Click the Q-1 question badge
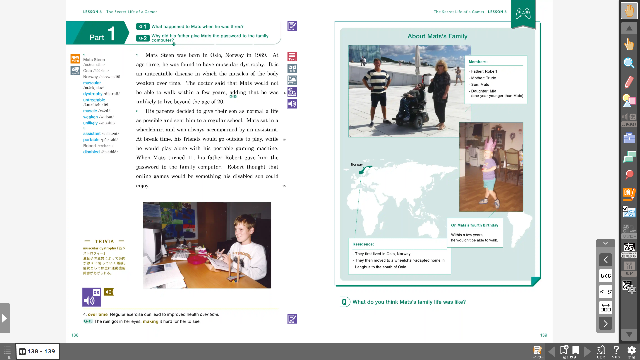click(142, 27)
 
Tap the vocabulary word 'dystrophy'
click(93, 94)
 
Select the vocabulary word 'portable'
click(91, 140)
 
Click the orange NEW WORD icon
click(75, 59)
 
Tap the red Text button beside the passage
click(292, 57)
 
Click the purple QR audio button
click(92, 297)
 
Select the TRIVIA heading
click(104, 241)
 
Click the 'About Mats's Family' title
click(437, 36)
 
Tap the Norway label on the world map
click(357, 165)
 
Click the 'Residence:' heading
click(363, 244)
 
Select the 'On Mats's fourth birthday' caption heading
click(474, 225)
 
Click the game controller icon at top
click(523, 14)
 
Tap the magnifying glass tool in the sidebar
click(629, 63)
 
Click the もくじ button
click(605, 276)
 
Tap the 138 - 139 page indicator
click(38, 351)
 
